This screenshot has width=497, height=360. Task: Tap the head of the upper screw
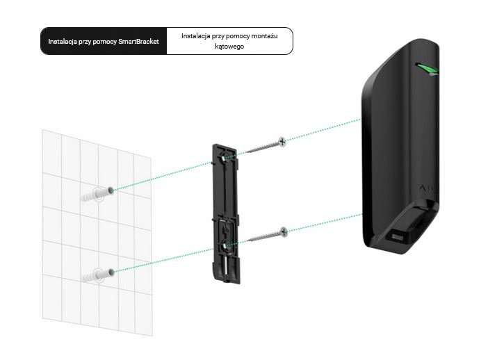pos(281,141)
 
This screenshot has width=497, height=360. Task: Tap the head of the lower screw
pos(282,231)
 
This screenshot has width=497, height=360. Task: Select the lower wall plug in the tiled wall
pos(98,272)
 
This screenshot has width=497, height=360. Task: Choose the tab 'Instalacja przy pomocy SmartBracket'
pos(104,42)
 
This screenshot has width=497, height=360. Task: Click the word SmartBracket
pos(138,42)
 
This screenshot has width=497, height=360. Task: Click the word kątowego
pos(229,47)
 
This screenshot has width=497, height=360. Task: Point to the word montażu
pos(263,35)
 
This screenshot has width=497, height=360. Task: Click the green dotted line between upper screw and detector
pos(323,130)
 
